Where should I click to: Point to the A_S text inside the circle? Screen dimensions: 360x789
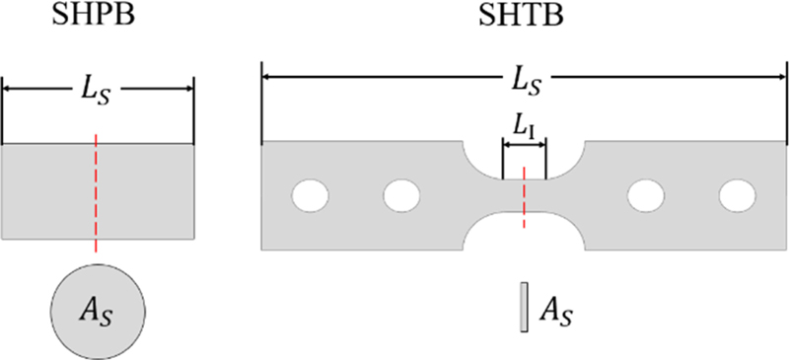(98, 312)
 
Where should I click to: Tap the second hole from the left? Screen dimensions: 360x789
(401, 195)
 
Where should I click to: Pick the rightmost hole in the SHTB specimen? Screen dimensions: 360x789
(736, 195)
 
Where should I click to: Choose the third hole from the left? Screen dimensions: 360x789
(645, 195)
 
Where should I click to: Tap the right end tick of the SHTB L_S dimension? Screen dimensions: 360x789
(783, 104)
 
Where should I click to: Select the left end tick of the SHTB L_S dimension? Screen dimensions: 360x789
(261, 104)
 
